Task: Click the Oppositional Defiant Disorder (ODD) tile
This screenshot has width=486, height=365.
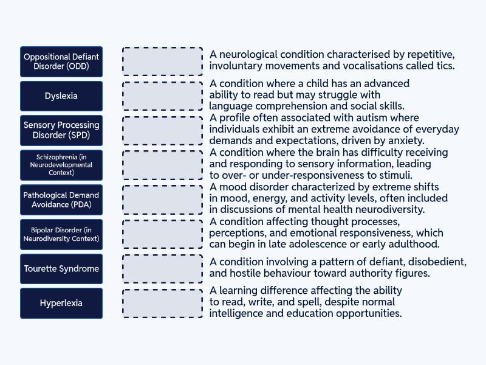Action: point(61,61)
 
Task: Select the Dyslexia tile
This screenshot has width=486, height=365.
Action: point(61,96)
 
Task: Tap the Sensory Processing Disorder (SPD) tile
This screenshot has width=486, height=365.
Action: point(61,130)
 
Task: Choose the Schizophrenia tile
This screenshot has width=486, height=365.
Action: point(61,165)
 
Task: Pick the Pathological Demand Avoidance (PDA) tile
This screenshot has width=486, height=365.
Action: point(61,200)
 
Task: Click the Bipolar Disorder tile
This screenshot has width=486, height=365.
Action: point(61,234)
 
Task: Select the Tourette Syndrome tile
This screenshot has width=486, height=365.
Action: point(61,269)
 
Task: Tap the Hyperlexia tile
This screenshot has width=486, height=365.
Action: point(61,303)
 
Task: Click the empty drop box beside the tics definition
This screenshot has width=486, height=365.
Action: point(163,61)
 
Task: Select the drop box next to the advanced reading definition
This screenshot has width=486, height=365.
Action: point(163,96)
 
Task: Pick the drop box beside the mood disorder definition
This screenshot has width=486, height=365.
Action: point(163,200)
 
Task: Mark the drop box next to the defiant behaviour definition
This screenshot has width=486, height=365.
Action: point(163,269)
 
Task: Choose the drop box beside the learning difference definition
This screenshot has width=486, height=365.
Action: point(163,303)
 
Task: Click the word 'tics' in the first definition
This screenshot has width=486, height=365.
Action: point(445,66)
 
